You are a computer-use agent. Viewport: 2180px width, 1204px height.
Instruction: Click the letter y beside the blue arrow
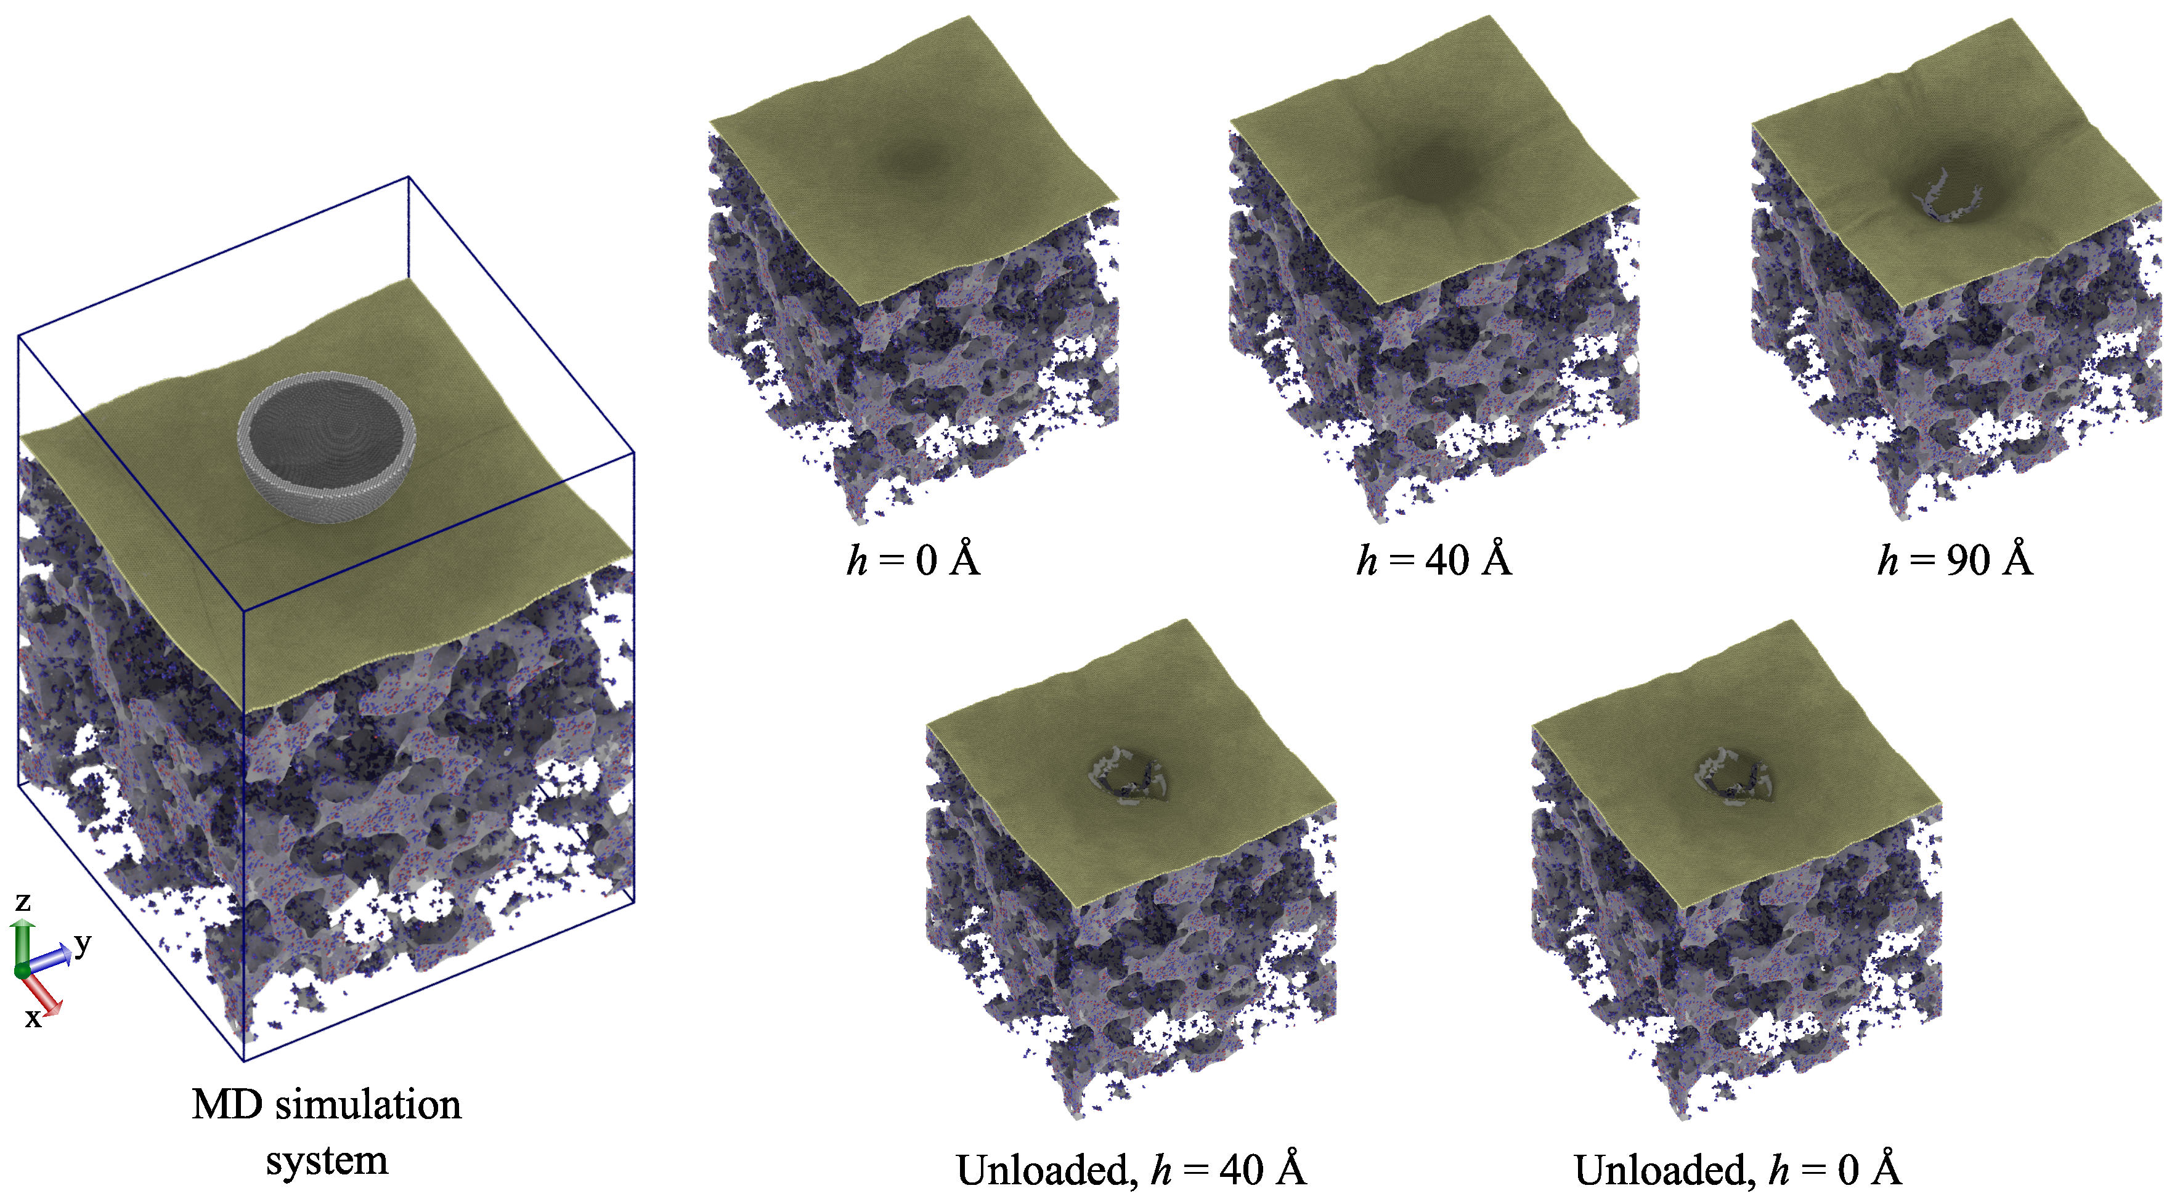coord(82,941)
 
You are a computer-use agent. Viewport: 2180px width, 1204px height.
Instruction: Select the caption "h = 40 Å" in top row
coord(1434,560)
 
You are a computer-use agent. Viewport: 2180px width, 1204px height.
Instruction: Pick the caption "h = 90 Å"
coord(1955,560)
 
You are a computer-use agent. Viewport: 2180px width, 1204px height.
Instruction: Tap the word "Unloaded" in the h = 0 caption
coord(1664,1170)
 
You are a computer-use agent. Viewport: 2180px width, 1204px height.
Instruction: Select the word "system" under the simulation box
coord(327,1160)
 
